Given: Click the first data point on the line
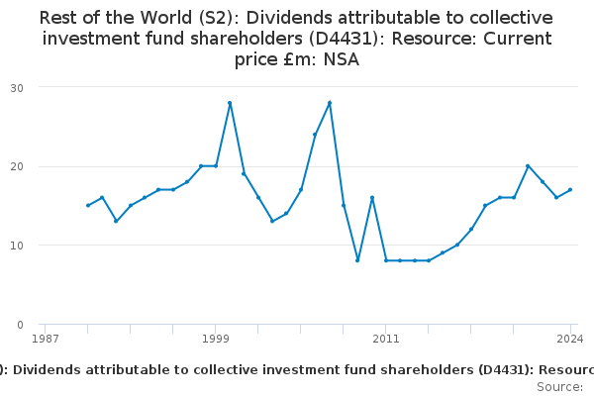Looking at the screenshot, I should (87, 206).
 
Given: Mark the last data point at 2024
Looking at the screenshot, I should (570, 190).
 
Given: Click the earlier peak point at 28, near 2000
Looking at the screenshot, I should (230, 103).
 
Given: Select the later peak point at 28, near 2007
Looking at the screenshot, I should (330, 103).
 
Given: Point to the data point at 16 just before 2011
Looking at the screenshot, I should (372, 198).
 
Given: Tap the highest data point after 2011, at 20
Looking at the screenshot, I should (528, 166).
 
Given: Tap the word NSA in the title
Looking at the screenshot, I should (341, 59).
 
